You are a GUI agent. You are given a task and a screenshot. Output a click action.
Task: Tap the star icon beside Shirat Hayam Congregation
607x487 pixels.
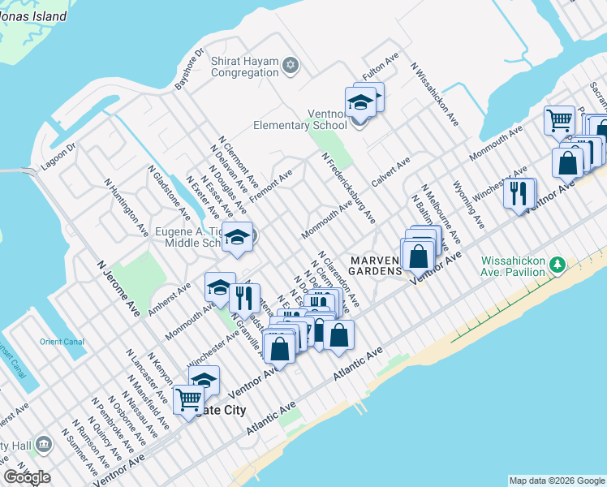[291, 64]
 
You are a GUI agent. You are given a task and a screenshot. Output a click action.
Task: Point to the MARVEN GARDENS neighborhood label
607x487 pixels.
[375, 265]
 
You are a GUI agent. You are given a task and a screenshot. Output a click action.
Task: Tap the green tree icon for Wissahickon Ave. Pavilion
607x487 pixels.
[557, 265]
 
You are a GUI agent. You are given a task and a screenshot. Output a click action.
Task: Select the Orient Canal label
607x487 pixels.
[62, 342]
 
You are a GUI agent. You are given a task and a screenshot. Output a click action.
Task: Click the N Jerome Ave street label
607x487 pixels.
[118, 288]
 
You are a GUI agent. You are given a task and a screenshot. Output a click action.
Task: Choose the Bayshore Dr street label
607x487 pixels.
[184, 72]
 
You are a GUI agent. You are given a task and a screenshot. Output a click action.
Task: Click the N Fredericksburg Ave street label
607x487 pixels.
[348, 187]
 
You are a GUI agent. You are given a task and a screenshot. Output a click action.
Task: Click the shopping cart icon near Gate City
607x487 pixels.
[188, 399]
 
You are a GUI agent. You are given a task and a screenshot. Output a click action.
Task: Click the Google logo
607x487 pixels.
[27, 477]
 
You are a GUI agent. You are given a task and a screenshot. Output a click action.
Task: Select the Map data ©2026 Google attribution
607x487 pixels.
[556, 481]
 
